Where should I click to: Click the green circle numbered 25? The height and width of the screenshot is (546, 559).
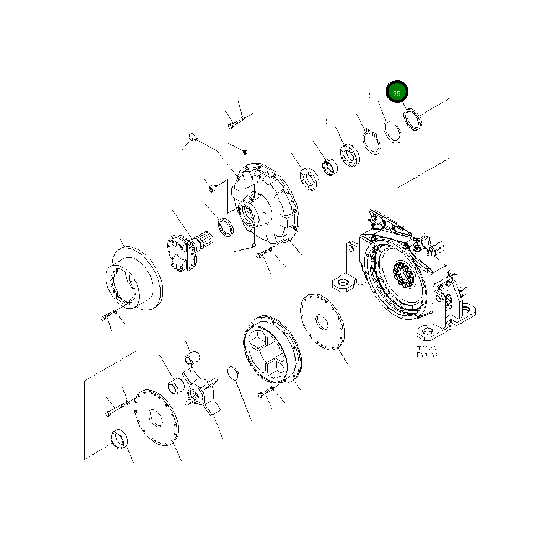click(397, 93)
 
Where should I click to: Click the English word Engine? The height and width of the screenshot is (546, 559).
click(427, 355)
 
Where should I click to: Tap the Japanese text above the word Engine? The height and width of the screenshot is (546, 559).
click(427, 348)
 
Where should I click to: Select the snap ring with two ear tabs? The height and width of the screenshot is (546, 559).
click(372, 141)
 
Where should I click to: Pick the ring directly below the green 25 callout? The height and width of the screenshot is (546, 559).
click(412, 120)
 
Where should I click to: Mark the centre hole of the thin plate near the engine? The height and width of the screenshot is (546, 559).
click(322, 323)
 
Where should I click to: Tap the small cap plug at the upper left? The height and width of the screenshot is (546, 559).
click(193, 137)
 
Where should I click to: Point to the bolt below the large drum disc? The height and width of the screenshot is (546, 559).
click(105, 317)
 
